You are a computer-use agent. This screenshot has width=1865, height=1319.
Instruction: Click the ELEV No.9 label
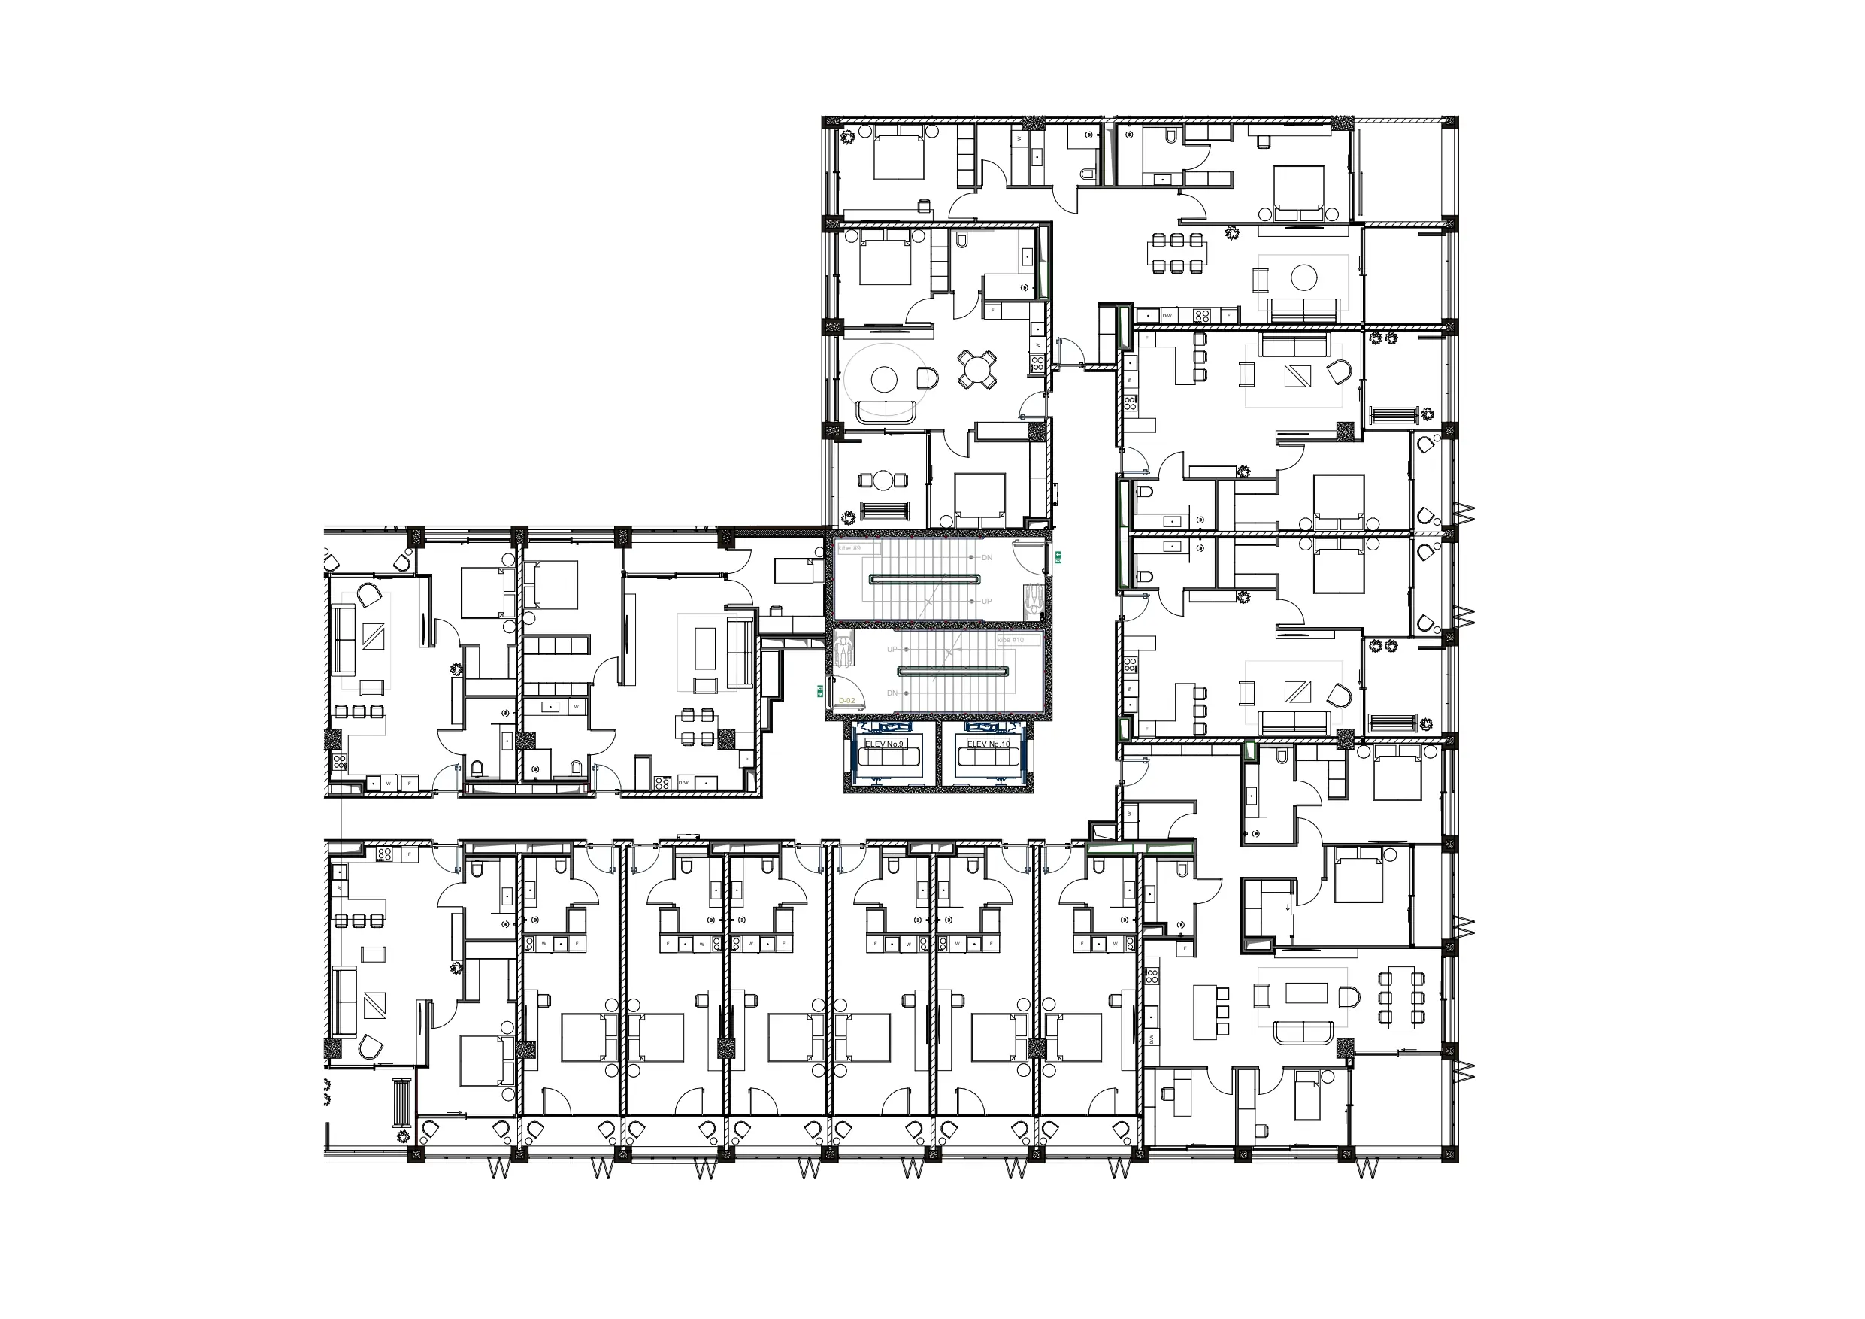point(884,744)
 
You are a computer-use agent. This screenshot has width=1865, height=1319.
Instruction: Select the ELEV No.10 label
point(989,744)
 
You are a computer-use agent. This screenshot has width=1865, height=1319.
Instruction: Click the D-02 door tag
point(847,701)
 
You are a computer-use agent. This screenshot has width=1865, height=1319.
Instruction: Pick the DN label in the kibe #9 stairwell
point(987,557)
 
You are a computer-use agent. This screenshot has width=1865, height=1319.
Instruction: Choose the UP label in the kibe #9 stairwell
point(987,602)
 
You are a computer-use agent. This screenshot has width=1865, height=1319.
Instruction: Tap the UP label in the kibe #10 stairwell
point(892,649)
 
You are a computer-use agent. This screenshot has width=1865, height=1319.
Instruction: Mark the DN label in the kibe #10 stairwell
point(892,693)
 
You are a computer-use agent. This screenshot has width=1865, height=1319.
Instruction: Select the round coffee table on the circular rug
point(884,379)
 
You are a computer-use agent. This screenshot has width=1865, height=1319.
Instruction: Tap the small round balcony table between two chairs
point(883,481)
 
